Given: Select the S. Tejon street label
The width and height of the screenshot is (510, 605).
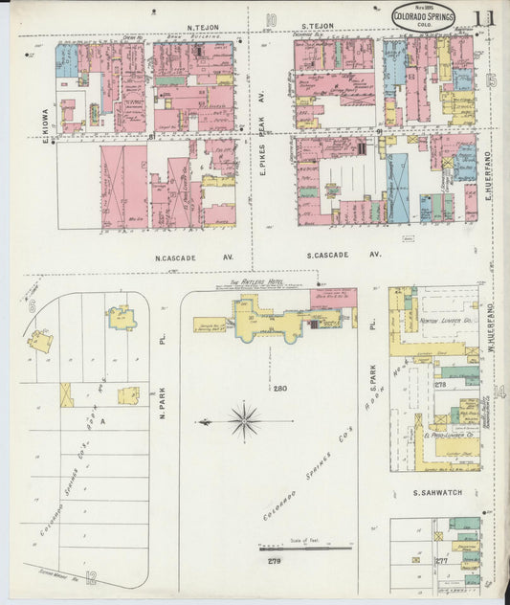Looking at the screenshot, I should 317,27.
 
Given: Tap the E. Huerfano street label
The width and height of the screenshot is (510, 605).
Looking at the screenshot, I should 487,176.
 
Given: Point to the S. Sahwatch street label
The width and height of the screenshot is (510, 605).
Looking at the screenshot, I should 438,493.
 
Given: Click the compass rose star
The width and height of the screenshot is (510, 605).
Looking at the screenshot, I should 245,419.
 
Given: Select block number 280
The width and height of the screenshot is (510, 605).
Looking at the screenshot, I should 279,389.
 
